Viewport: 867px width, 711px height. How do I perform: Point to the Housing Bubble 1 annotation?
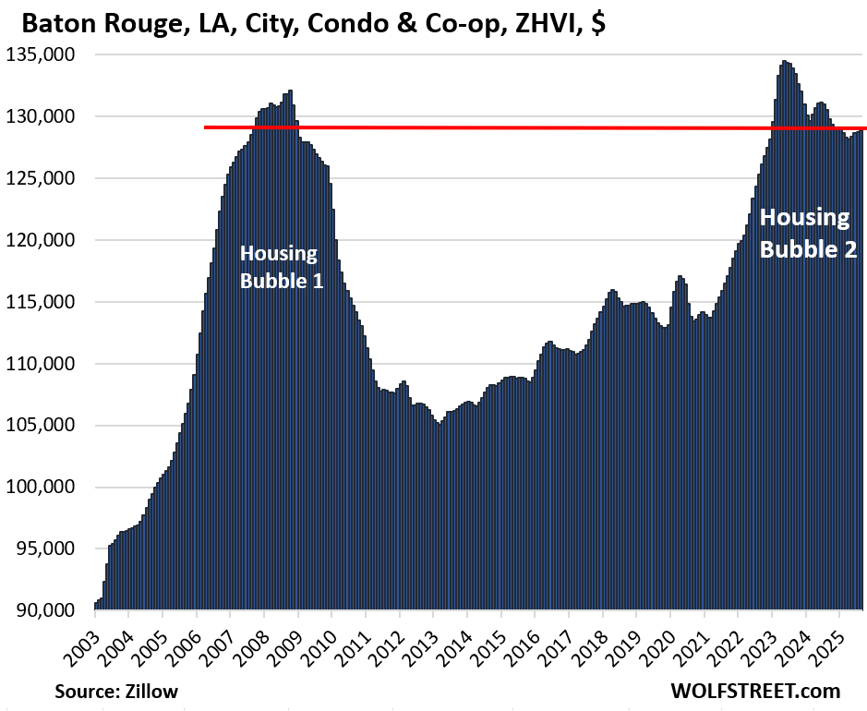281,266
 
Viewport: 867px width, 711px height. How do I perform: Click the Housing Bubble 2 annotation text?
806,233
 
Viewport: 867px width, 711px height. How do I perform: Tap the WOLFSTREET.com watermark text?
756,691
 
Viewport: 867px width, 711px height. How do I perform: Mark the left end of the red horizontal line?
206,127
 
